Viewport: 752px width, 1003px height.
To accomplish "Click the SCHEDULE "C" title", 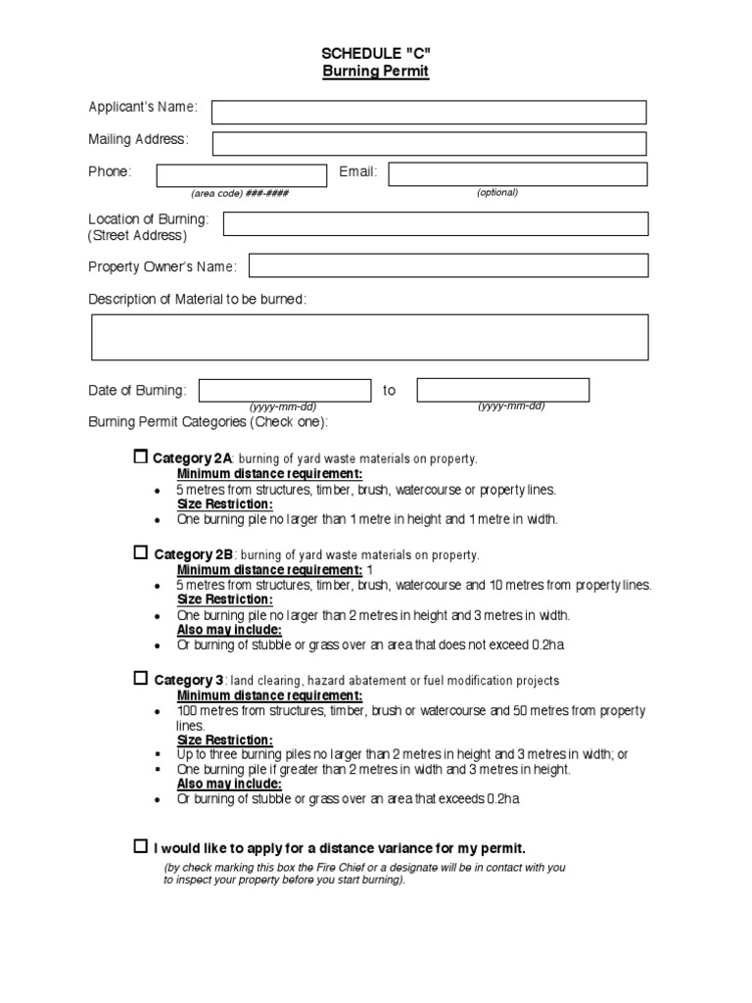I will pyautogui.click(x=376, y=54).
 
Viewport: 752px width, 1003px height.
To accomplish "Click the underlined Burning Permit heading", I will pyautogui.click(x=376, y=72).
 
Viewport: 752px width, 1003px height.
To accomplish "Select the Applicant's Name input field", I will pyautogui.click(x=429, y=113).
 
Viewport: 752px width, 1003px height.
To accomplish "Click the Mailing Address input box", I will pyautogui.click(x=429, y=144).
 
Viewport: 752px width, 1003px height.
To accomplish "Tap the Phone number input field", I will pyautogui.click(x=241, y=175).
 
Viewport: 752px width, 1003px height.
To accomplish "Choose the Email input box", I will pyautogui.click(x=518, y=174).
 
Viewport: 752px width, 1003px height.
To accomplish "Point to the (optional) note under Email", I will pyautogui.click(x=497, y=192).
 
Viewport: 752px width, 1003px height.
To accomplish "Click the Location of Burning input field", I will pyautogui.click(x=436, y=224).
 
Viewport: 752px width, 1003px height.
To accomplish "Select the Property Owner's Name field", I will pyautogui.click(x=448, y=265).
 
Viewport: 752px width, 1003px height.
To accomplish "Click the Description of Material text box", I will pyautogui.click(x=369, y=338).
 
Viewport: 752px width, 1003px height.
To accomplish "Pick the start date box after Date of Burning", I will pyautogui.click(x=285, y=390).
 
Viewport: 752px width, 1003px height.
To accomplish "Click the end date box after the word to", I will pyautogui.click(x=503, y=390).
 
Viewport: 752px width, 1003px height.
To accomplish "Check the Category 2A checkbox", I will pyautogui.click(x=140, y=456).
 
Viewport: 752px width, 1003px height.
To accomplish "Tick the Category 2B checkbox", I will pyautogui.click(x=140, y=552).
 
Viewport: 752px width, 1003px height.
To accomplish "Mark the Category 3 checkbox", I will pyautogui.click(x=140, y=678).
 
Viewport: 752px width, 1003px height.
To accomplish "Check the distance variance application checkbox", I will pyautogui.click(x=140, y=845).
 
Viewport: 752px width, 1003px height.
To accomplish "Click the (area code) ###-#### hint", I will pyautogui.click(x=240, y=193).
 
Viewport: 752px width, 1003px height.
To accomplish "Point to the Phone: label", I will pyautogui.click(x=110, y=172).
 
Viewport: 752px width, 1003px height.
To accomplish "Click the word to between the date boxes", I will pyautogui.click(x=390, y=391).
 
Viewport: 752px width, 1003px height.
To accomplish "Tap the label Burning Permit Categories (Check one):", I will pyautogui.click(x=209, y=422).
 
